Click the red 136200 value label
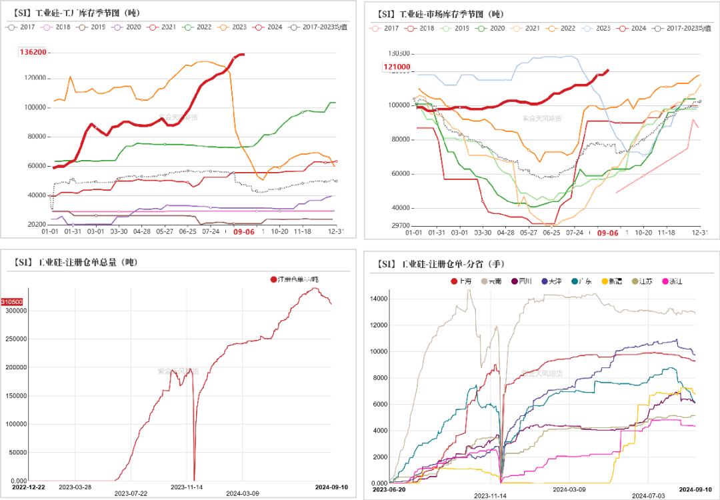(33, 52)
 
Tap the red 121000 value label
(397, 67)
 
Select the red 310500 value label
(14, 301)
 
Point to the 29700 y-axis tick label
(401, 225)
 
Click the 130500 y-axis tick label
(399, 53)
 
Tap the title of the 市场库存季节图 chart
(440, 13)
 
